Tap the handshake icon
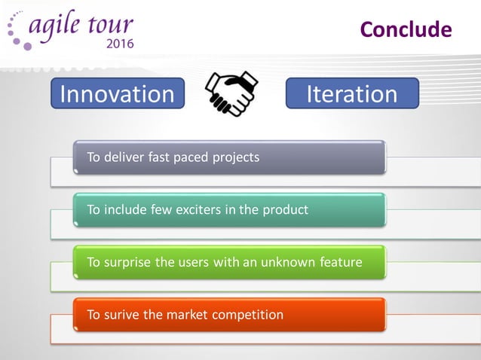point(232,94)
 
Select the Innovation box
point(117,94)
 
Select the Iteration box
point(352,94)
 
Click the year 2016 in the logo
point(120,44)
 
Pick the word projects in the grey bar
point(234,157)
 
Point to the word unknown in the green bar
point(283,262)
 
